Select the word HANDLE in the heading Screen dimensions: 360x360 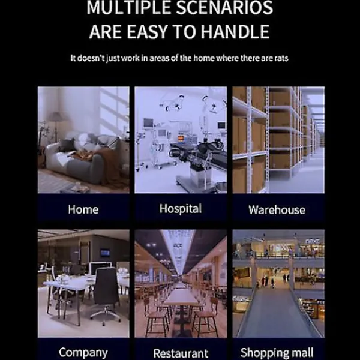click(235, 31)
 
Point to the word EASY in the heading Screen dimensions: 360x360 click(147, 31)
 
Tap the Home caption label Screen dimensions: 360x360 click(83, 209)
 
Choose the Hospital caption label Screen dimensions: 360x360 click(181, 209)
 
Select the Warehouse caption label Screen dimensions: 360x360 click(277, 209)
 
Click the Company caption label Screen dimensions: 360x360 click(83, 353)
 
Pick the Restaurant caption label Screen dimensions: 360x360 click(181, 353)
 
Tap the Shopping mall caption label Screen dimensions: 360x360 click(277, 353)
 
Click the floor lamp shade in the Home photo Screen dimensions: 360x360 click(56, 117)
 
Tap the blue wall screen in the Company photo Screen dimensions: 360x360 click(105, 253)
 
